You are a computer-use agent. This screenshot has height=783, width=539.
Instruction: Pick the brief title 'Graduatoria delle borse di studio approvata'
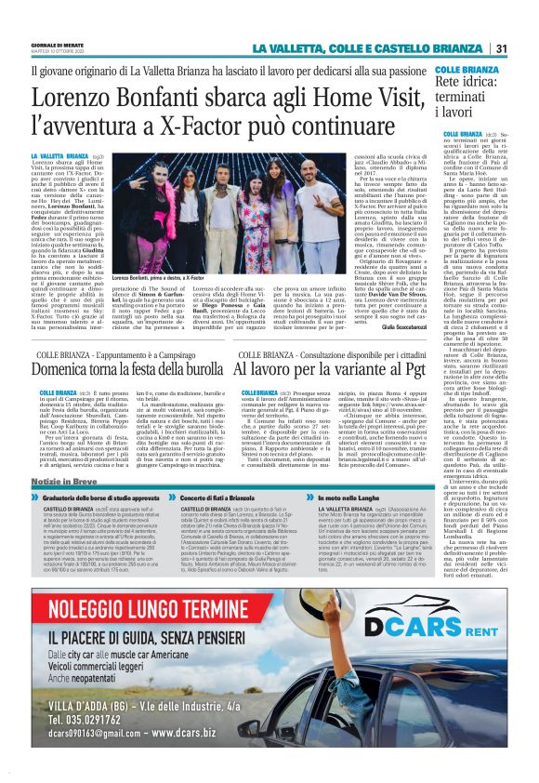(x=103, y=498)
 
